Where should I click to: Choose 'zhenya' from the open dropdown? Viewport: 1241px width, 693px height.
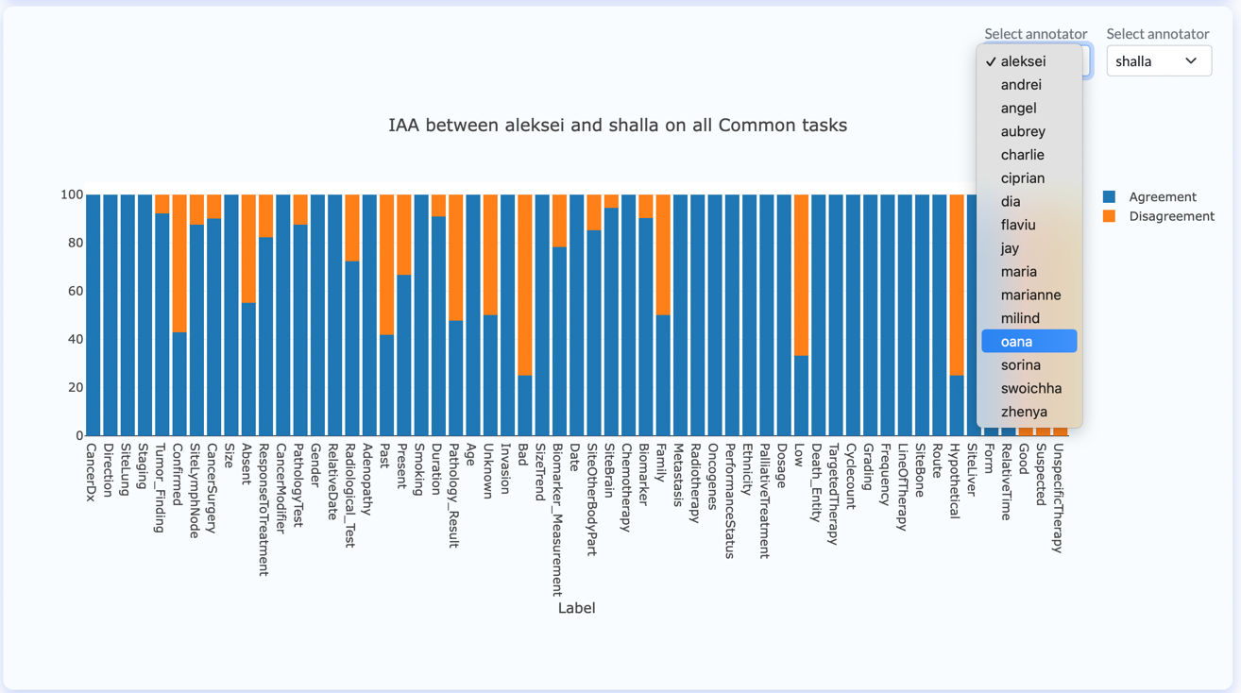point(1024,412)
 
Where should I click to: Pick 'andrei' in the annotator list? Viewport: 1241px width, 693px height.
point(1021,85)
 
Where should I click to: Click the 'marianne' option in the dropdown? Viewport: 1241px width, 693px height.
point(1030,295)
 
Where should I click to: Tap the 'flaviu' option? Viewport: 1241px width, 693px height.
point(1018,225)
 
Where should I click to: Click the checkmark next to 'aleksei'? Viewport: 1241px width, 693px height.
point(991,61)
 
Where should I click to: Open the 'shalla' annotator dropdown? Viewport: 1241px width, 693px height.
point(1159,61)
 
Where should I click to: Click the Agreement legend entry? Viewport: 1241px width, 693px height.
point(1149,196)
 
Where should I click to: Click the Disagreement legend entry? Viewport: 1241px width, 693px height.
point(1159,216)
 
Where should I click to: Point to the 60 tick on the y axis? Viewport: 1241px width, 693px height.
point(76,291)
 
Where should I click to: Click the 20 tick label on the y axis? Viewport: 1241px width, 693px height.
point(76,387)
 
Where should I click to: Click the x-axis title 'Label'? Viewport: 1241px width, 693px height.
point(576,608)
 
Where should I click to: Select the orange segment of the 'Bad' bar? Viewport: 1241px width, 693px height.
point(525,285)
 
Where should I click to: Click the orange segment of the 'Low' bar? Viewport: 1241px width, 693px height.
point(801,275)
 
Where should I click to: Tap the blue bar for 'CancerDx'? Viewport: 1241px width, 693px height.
point(93,314)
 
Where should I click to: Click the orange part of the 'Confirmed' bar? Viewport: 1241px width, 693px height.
point(179,263)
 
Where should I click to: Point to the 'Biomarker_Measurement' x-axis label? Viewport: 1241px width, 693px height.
point(557,519)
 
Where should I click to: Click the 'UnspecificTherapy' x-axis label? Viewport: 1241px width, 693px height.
point(1058,498)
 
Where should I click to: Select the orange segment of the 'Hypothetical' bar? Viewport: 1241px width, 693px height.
point(957,285)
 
